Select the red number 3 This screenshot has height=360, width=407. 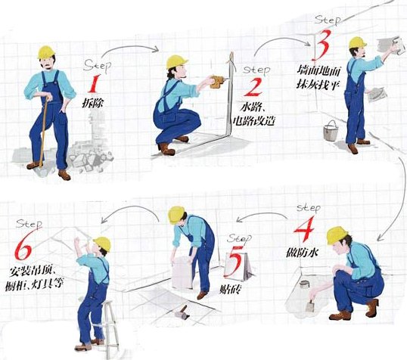322,45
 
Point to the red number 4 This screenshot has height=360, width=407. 304,228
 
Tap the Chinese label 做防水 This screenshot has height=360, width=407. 302,252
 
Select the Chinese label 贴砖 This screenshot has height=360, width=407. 231,288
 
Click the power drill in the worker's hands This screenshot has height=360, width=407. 218,81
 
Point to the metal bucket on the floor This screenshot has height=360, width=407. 331,131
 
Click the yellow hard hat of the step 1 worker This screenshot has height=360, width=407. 46,52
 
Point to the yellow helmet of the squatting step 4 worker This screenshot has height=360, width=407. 337,235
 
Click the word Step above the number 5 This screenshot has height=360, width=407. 239,238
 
